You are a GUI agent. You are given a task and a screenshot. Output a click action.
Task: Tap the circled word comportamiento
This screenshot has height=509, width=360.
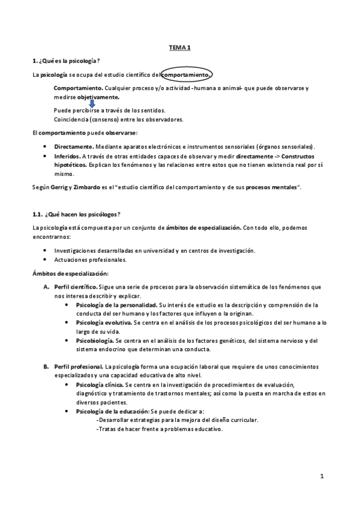[187, 75]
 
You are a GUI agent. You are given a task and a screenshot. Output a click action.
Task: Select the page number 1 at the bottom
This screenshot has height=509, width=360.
[322, 477]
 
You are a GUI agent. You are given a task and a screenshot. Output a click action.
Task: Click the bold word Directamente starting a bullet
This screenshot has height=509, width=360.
[73, 146]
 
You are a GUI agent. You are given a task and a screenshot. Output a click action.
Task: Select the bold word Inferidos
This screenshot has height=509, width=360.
[68, 155]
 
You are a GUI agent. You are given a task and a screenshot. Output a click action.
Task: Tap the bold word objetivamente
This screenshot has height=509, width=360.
[98, 97]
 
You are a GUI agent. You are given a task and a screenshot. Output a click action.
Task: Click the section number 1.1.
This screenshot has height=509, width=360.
[38, 215]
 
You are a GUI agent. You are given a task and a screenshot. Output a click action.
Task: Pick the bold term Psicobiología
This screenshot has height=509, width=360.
[96, 340]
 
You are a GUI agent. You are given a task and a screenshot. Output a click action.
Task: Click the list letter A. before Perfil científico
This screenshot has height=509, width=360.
[46, 288]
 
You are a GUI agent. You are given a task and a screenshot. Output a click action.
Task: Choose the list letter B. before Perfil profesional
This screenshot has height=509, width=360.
[46, 366]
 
